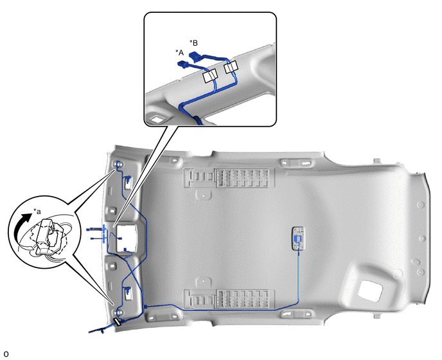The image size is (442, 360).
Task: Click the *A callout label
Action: tap(179, 53)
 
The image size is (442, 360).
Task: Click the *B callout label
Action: tap(193, 43)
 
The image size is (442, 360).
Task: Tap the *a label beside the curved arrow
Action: tap(37, 212)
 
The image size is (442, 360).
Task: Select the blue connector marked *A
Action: tap(183, 65)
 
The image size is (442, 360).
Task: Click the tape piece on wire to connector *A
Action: tap(210, 76)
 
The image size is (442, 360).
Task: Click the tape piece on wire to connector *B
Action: tap(231, 67)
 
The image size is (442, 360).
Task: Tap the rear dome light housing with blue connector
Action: tap(299, 238)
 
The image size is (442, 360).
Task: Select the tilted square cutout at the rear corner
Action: tap(369, 291)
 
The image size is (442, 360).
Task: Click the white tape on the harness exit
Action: tap(117, 321)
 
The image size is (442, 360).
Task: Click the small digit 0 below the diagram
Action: tap(6, 354)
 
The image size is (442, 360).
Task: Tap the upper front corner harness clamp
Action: tap(118, 164)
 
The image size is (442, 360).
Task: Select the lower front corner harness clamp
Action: tap(119, 312)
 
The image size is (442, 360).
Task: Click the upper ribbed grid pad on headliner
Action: tap(245, 178)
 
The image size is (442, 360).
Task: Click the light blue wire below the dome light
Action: tap(298, 278)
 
